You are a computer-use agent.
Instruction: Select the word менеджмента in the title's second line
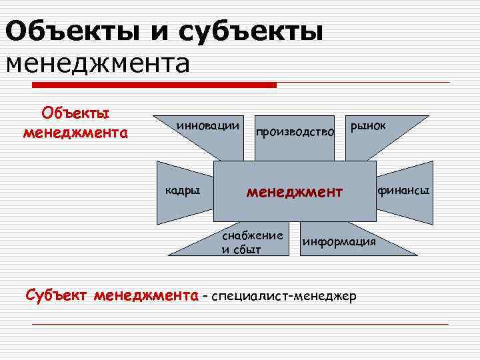coord(98,63)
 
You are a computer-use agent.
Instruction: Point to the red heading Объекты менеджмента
coord(75,123)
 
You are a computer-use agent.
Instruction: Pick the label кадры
coord(182,191)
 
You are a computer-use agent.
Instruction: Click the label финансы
coord(404,191)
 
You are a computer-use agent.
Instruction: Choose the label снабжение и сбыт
coord(253,243)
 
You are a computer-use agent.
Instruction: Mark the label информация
coord(339,241)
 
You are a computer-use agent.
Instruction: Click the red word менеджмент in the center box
coord(294,192)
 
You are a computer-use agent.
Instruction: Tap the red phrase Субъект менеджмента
coord(112,295)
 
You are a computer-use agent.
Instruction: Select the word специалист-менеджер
coord(284,295)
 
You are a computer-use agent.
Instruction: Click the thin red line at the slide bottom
coord(240,324)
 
